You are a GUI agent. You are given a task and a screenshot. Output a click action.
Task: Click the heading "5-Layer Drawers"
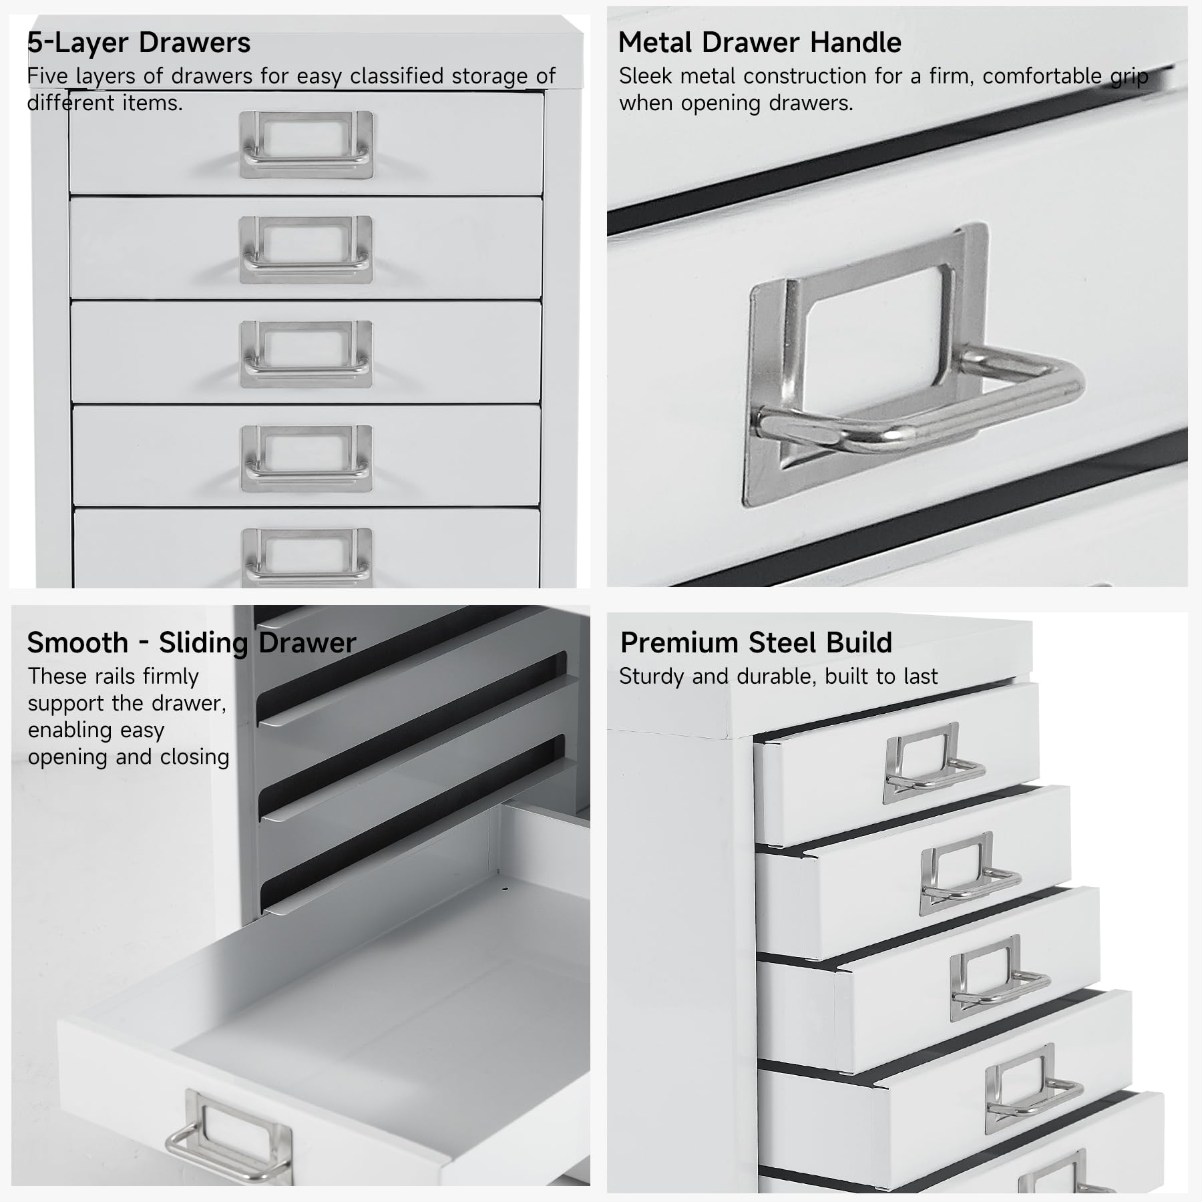[138, 43]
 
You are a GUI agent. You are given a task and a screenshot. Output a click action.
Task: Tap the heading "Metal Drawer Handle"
[759, 43]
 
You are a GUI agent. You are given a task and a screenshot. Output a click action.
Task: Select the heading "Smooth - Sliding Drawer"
[191, 643]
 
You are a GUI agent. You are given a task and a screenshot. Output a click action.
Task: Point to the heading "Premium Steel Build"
[756, 643]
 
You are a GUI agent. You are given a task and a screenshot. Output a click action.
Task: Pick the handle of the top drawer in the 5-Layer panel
[306, 145]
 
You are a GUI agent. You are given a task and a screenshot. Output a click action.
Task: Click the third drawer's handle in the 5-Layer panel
[306, 355]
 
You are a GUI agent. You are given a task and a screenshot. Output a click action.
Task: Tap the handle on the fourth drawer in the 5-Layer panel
[306, 459]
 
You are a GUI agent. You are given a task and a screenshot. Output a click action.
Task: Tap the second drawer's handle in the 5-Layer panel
[306, 250]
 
